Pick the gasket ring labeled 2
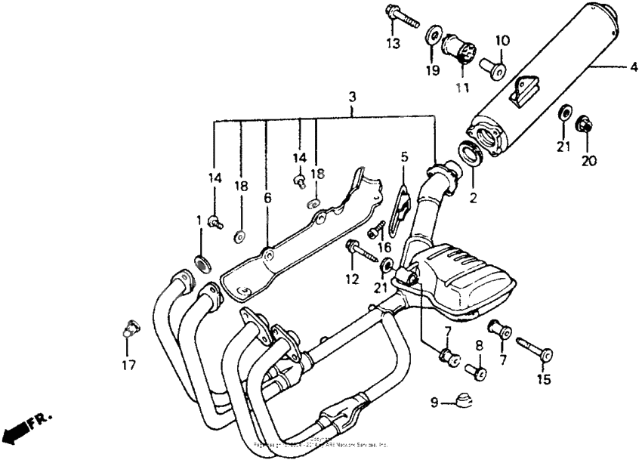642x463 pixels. pos(471,154)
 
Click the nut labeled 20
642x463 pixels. pos(585,125)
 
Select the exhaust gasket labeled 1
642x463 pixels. pos(203,264)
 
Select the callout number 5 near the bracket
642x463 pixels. pos(404,158)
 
